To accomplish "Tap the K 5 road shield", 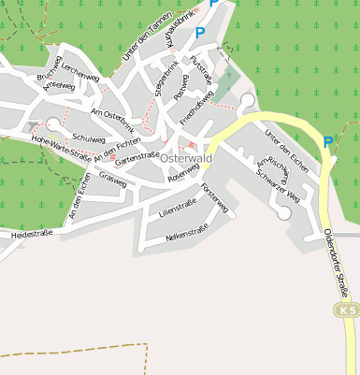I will (347, 310).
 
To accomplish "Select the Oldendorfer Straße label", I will (338, 262).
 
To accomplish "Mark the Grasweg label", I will (111, 178).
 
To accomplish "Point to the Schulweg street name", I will (89, 137).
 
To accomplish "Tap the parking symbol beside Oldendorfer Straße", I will (327, 142).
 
